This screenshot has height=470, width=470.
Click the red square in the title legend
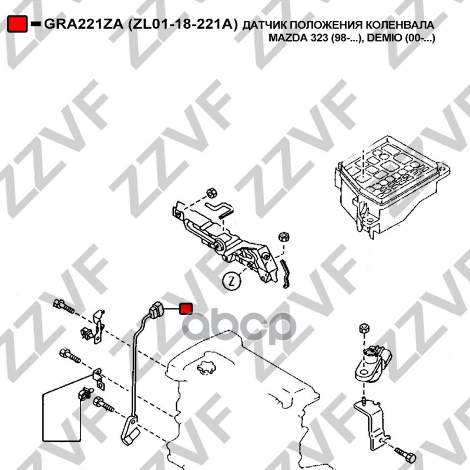click(x=18, y=24)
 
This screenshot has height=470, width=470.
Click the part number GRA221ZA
click(x=83, y=24)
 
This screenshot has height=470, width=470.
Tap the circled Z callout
click(x=231, y=281)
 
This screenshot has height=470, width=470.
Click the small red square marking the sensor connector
click(x=186, y=309)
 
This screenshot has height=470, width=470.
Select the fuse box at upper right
click(x=392, y=186)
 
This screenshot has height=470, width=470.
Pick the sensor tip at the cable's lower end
click(x=129, y=434)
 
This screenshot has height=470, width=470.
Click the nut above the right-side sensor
click(x=364, y=328)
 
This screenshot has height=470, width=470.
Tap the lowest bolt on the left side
click(x=103, y=404)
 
